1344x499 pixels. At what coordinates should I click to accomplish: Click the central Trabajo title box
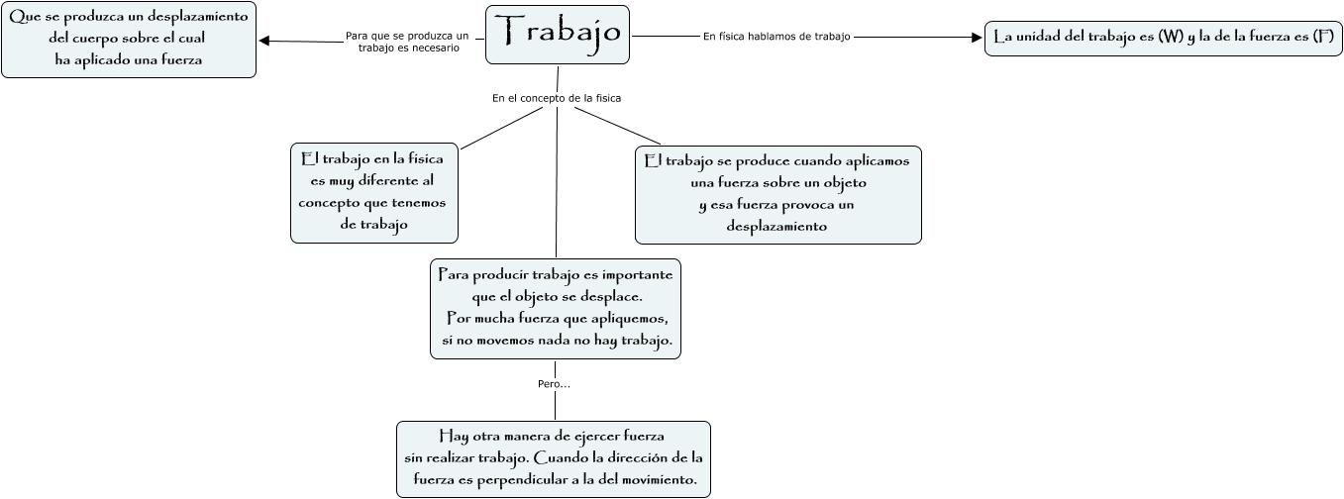[557, 35]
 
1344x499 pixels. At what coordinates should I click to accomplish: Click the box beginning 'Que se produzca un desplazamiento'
[129, 40]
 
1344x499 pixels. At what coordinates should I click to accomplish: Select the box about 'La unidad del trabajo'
[1163, 38]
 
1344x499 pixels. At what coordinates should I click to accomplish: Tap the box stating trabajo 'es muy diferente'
[373, 194]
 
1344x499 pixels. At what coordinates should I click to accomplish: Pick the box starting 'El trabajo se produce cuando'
[777, 194]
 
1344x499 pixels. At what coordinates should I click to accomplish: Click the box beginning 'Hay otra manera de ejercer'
[553, 458]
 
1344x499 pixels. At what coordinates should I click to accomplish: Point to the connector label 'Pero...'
[554, 383]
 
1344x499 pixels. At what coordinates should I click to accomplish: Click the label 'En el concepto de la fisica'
[556, 98]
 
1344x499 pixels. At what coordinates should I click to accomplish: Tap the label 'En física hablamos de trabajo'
[776, 37]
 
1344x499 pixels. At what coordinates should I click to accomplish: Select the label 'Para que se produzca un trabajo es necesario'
[407, 42]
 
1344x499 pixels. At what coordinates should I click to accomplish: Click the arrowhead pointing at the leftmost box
[264, 41]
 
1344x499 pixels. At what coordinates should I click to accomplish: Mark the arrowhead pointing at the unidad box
[976, 38]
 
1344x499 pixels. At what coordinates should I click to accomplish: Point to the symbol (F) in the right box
[1321, 38]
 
